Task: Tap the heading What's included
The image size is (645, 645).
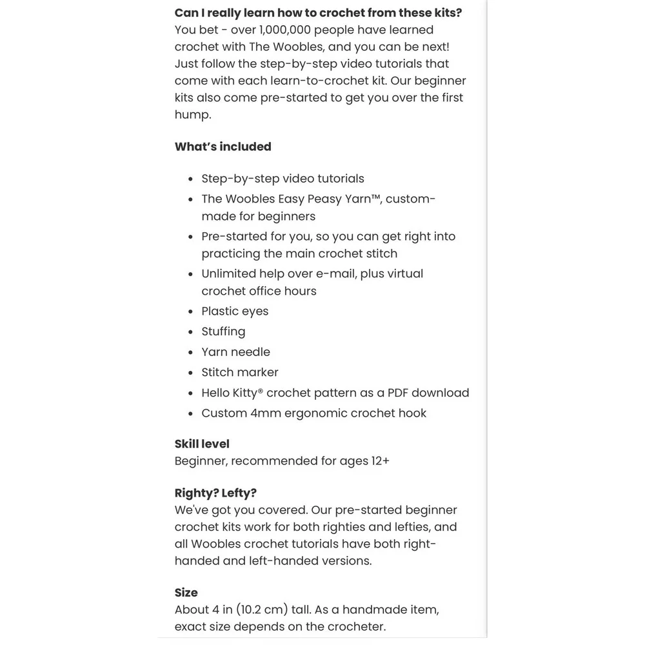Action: point(223,146)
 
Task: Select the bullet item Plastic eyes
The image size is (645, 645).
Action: point(235,311)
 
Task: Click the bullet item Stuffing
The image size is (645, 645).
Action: point(223,332)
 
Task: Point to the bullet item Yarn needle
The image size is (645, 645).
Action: point(235,352)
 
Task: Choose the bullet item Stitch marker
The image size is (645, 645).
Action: point(240,372)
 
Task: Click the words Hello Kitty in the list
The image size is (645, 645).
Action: point(229,393)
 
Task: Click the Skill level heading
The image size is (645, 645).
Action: point(202,444)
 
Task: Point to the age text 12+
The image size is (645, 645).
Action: point(379,461)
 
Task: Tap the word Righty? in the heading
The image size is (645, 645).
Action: point(196,493)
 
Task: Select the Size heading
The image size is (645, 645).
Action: point(186,592)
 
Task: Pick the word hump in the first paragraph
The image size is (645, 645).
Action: point(192,115)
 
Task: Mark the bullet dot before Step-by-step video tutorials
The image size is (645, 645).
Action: point(190,179)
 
